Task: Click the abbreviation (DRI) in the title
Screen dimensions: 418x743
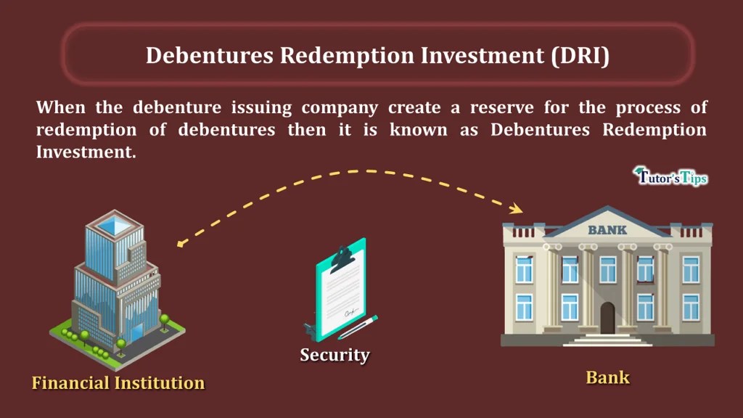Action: point(580,56)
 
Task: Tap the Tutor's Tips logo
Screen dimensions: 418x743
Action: point(670,176)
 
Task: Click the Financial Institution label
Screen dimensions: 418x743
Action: point(118,382)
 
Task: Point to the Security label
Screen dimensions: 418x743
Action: point(334,355)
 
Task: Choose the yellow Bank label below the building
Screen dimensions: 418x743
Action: point(607,377)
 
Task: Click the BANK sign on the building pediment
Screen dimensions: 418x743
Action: point(607,230)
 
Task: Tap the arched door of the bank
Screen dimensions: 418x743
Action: point(607,318)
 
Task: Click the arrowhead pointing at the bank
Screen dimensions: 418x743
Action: point(517,210)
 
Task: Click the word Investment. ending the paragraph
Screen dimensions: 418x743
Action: point(86,153)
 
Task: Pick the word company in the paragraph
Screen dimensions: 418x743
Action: point(339,109)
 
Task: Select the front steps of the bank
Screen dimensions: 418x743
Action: point(607,339)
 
